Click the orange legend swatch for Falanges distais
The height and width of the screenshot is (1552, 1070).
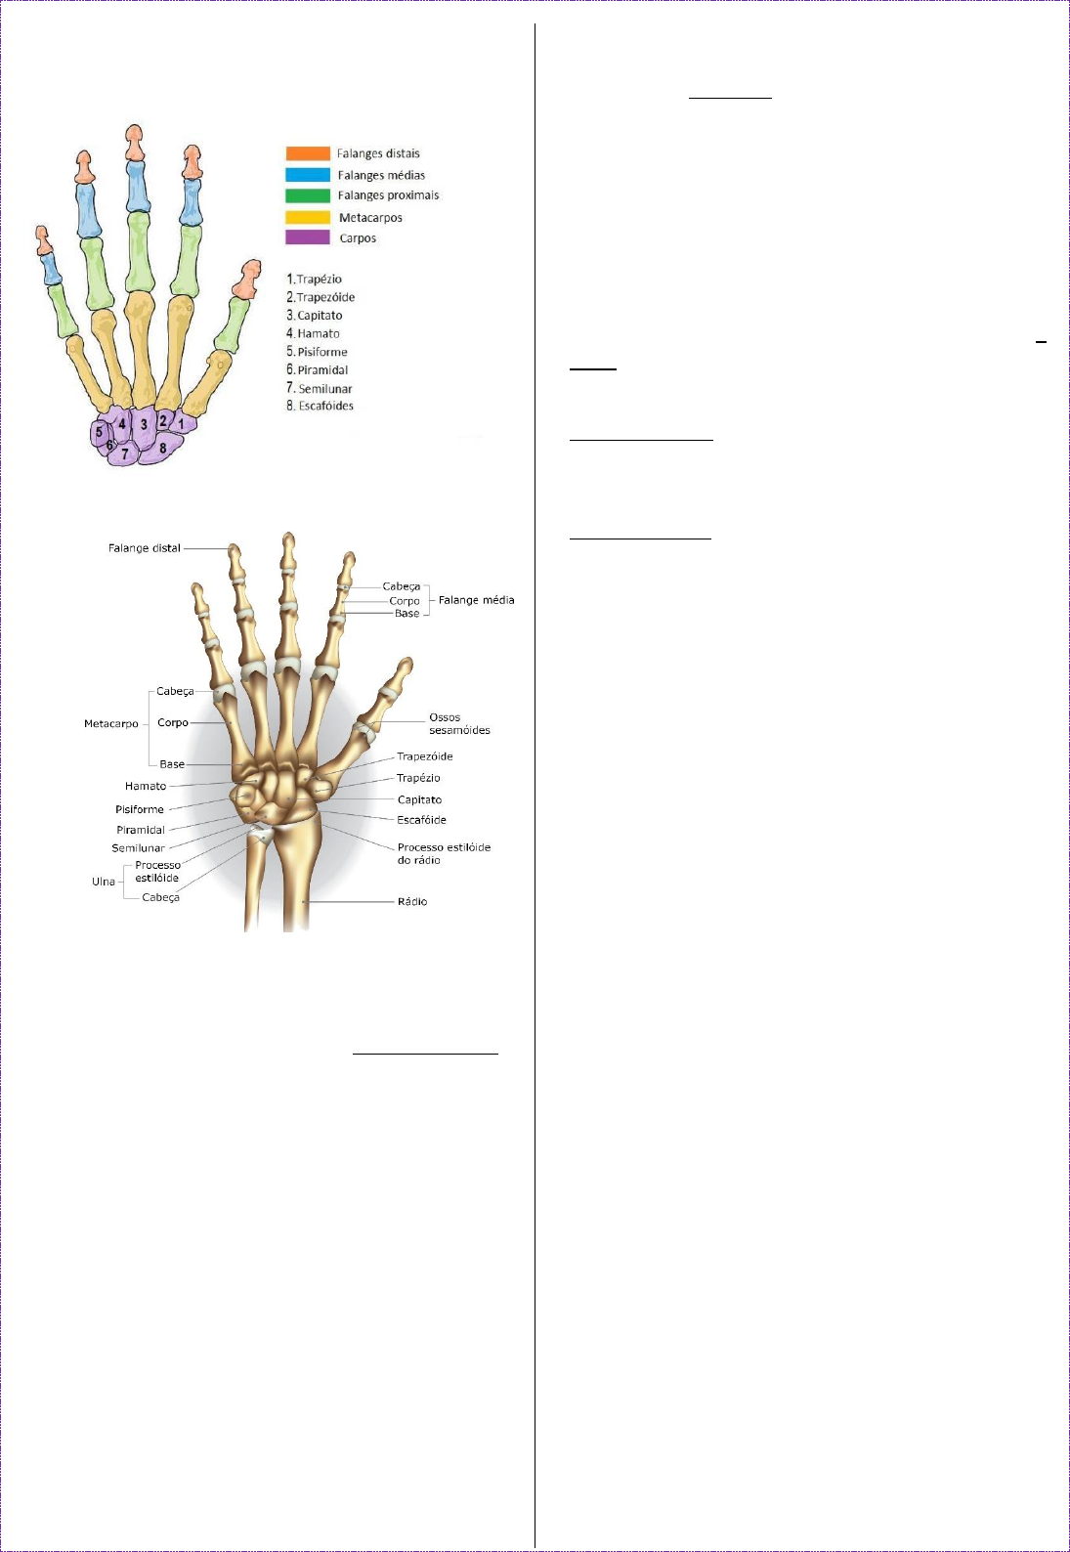(308, 153)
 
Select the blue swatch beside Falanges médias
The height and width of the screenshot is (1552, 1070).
(308, 175)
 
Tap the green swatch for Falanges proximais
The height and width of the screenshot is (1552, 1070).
(308, 195)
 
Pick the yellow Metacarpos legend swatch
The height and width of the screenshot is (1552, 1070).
(308, 217)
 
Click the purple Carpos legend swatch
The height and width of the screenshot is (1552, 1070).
(308, 237)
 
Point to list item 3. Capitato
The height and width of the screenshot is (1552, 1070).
(315, 316)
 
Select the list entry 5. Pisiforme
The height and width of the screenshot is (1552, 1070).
(317, 352)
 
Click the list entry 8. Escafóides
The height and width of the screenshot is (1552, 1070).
(320, 406)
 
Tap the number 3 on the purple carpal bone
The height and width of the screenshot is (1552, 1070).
(144, 424)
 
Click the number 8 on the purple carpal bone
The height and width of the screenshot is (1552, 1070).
(163, 449)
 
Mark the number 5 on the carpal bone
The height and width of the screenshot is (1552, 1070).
(99, 432)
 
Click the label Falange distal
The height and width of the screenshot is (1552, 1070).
(145, 548)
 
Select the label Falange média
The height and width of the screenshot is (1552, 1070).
(476, 600)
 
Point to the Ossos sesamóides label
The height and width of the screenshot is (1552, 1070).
(459, 723)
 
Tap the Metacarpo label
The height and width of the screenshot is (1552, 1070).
(111, 724)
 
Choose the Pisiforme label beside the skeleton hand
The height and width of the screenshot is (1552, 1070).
(140, 809)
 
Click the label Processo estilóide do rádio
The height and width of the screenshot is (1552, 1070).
(444, 853)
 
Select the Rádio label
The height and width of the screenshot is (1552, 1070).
(412, 901)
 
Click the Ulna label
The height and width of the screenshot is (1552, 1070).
(104, 882)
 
